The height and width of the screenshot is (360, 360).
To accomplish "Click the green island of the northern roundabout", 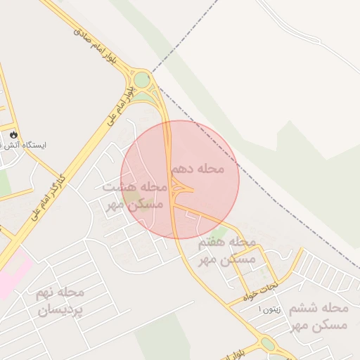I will pos(142,80).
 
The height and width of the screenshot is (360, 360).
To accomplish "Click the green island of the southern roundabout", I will pos(268,344).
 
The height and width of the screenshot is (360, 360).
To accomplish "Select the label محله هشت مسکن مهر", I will pos(135,195).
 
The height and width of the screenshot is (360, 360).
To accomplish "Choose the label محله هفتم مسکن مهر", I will pos(226,250).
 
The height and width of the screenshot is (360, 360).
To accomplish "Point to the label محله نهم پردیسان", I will pos(60,301).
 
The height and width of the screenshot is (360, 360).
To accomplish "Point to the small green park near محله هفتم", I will pos(220,233).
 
